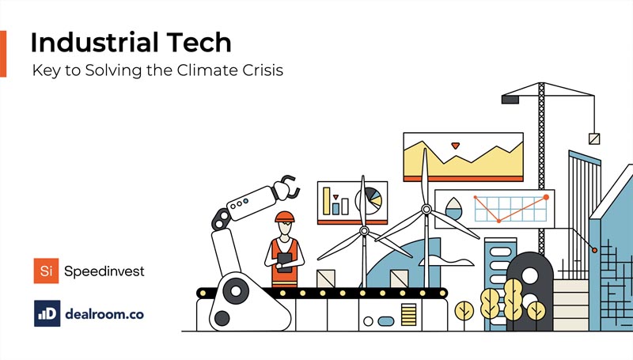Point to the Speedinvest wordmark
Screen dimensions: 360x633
[105, 271]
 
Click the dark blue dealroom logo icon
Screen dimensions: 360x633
[47, 313]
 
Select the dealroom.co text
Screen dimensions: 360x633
[105, 313]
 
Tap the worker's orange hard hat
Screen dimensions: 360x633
[284, 217]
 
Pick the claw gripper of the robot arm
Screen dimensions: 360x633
[286, 187]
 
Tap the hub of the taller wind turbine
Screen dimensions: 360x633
[426, 210]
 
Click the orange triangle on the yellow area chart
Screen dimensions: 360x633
[455, 146]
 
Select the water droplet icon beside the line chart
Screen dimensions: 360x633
[453, 209]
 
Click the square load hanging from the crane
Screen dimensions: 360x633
[594, 139]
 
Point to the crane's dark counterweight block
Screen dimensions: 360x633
[510, 100]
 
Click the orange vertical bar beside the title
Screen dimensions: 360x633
[3, 55]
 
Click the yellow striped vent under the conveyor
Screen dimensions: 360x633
[408, 315]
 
